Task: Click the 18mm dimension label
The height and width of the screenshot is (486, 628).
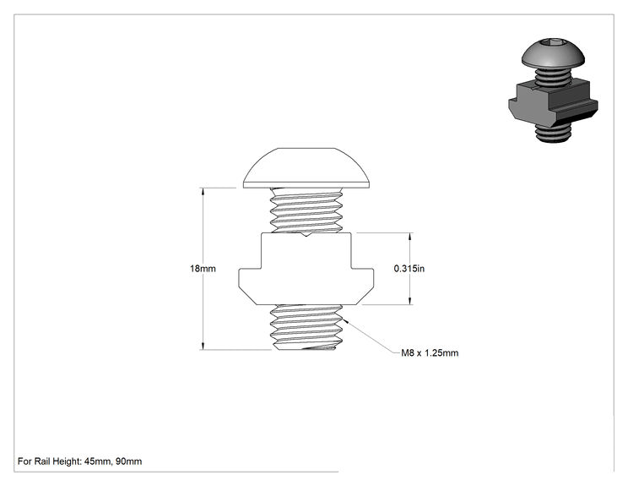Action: pyautogui.click(x=203, y=268)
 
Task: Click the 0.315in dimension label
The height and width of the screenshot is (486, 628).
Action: pyautogui.click(x=409, y=268)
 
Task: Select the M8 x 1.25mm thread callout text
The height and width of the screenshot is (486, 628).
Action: pyautogui.click(x=430, y=352)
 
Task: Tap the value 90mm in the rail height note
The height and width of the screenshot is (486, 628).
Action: pyautogui.click(x=128, y=461)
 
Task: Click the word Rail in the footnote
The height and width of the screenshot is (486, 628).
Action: pyautogui.click(x=41, y=461)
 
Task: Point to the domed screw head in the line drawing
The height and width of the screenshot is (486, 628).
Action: pyautogui.click(x=306, y=168)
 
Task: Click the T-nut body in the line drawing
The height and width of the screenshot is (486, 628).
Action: pyautogui.click(x=306, y=268)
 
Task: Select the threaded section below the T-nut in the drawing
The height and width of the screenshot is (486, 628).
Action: pyautogui.click(x=306, y=327)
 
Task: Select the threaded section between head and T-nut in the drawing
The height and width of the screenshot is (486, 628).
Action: pyautogui.click(x=306, y=210)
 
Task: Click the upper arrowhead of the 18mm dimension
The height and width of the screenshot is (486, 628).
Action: pyautogui.click(x=203, y=192)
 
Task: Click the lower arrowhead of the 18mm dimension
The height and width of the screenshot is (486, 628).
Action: pyautogui.click(x=203, y=346)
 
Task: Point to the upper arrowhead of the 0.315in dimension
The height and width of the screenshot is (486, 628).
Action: pyautogui.click(x=409, y=237)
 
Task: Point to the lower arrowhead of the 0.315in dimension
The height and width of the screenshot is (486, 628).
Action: pyautogui.click(x=409, y=300)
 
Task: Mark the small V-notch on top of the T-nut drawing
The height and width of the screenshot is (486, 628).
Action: pyautogui.click(x=306, y=234)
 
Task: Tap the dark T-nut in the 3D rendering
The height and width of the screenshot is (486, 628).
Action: pyautogui.click(x=553, y=102)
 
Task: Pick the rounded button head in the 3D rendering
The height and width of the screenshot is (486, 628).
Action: pyautogui.click(x=553, y=53)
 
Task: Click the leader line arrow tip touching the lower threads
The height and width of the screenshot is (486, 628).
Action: pyautogui.click(x=344, y=319)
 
